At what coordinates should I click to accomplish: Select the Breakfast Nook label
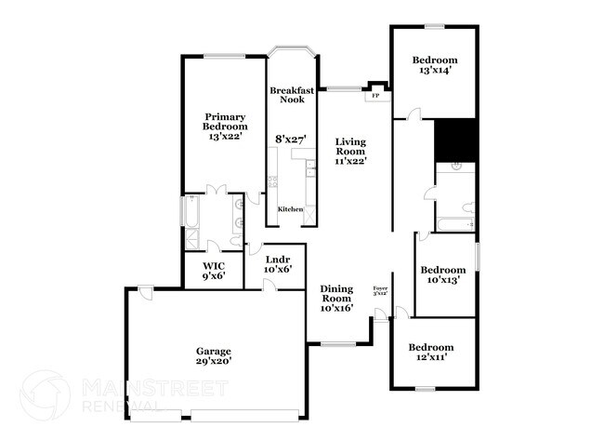coord(288,95)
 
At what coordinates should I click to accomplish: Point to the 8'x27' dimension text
coord(291,139)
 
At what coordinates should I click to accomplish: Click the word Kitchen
coord(290,209)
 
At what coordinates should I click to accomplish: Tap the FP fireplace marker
coord(375,96)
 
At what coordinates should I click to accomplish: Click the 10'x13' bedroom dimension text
coord(444,277)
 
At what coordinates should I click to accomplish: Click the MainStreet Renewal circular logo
coord(45,394)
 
